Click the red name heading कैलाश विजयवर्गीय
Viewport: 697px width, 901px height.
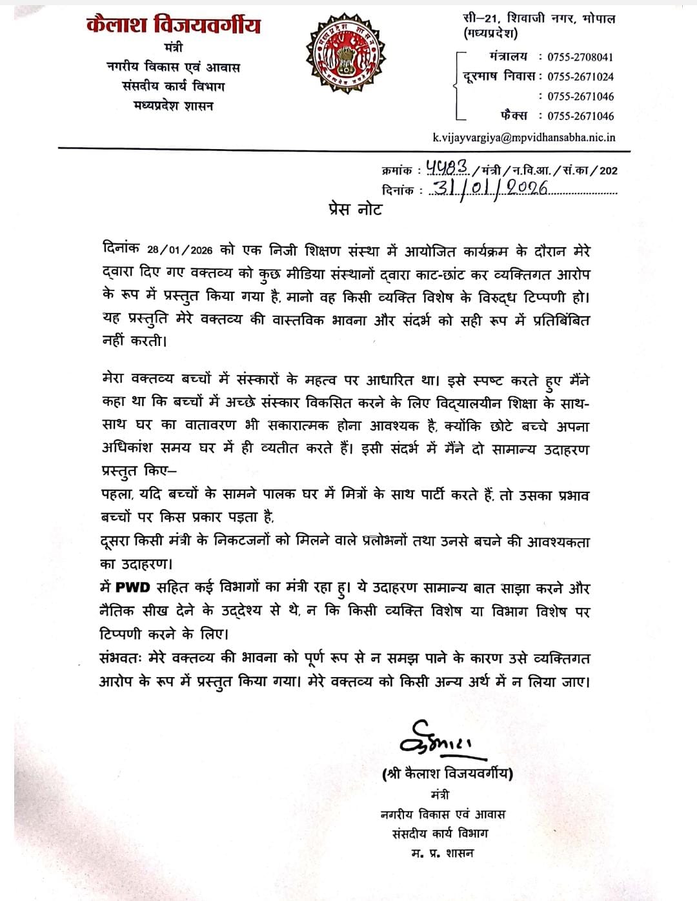tap(174, 25)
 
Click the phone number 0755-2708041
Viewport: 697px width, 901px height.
tap(580, 57)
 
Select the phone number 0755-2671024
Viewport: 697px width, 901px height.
tap(580, 76)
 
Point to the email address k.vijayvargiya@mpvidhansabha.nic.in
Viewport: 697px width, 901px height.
tap(523, 137)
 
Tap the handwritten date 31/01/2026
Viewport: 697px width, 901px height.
tap(490, 188)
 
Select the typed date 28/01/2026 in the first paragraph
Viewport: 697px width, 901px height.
tap(180, 250)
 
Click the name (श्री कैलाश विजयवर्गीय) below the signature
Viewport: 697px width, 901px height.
tap(447, 773)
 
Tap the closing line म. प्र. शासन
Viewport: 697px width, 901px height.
tap(443, 853)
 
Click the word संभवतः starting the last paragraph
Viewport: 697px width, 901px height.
tap(125, 658)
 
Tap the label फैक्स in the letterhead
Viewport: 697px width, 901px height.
tap(514, 116)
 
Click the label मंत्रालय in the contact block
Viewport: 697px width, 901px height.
tap(509, 57)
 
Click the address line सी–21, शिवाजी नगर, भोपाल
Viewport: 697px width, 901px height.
tap(539, 19)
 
